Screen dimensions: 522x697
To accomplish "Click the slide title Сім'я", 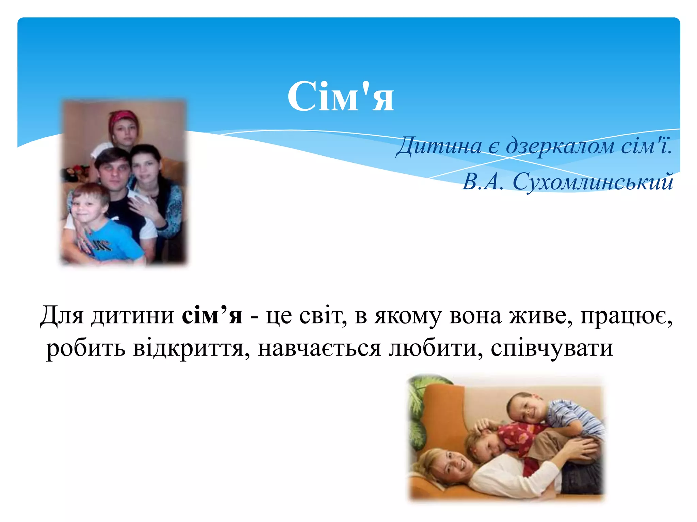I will point(341,97).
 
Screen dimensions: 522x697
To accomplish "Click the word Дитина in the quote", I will point(439,146).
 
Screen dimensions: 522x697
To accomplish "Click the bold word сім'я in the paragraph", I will point(212,316).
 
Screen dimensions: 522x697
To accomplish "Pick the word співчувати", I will point(552,348).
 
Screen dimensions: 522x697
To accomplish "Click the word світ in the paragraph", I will point(323,316).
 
